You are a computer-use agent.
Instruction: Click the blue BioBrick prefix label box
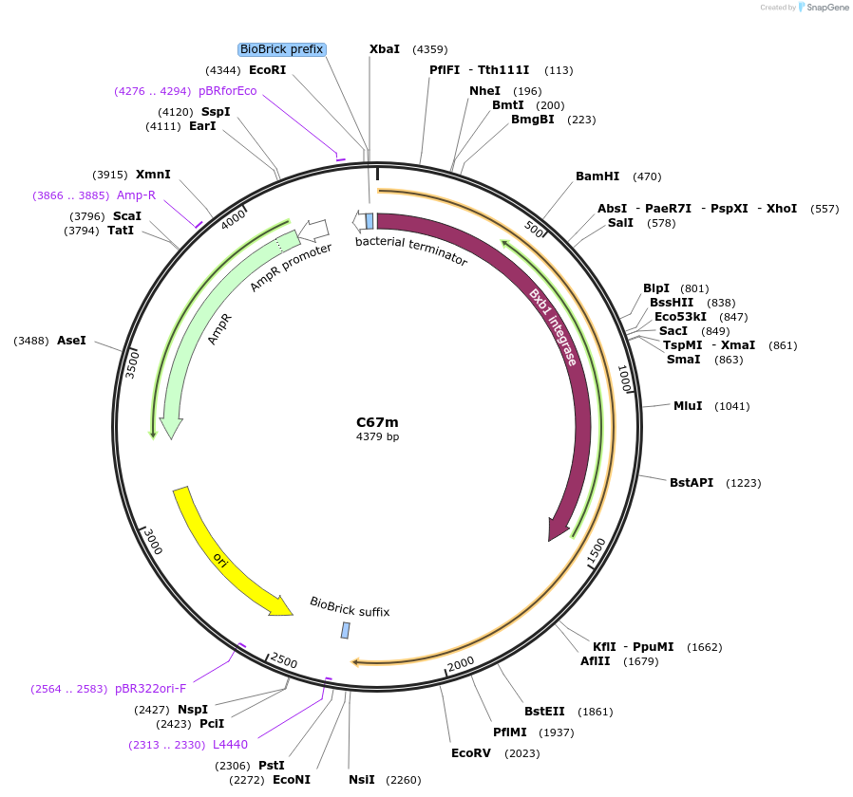coord(281,49)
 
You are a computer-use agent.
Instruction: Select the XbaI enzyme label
coord(385,49)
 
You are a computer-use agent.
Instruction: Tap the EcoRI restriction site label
coord(267,70)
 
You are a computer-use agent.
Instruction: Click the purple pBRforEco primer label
coord(228,91)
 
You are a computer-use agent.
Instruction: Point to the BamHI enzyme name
coord(597,176)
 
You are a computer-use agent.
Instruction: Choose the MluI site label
coord(688,406)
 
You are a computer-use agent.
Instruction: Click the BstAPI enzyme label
coord(692,483)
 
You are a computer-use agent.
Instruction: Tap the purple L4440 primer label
coord(230,745)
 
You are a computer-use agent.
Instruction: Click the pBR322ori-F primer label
coord(150,689)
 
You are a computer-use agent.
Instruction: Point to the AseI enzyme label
coord(71,340)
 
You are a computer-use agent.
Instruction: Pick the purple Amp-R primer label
coord(136,195)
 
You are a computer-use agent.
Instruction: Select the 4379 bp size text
coord(377,436)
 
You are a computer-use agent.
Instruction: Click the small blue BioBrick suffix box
coord(345,631)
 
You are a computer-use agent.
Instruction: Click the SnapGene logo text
coord(827,8)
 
